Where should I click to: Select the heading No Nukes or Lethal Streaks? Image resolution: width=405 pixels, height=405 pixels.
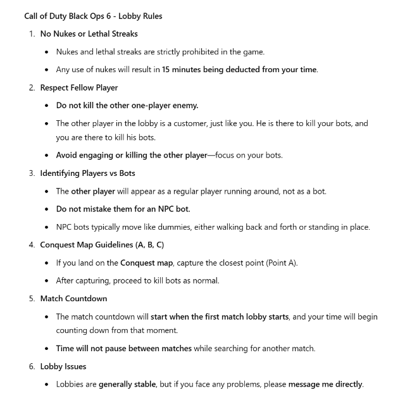tap(89, 34)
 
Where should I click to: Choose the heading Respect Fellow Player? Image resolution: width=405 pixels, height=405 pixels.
tap(79, 87)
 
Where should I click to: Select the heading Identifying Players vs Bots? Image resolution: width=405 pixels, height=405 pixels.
tap(87, 173)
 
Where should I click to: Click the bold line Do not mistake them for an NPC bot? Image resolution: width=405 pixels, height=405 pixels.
tap(123, 209)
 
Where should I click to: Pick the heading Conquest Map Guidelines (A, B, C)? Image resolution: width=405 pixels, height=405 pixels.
tap(102, 244)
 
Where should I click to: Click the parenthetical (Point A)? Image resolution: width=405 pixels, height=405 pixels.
tap(279, 263)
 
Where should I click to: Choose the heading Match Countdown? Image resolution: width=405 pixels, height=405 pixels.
tap(73, 298)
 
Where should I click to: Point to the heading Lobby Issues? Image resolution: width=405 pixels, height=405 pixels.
tap(63, 366)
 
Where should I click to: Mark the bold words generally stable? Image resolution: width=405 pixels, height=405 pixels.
tap(128, 383)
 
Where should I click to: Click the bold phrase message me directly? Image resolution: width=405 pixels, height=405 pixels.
tap(325, 383)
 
